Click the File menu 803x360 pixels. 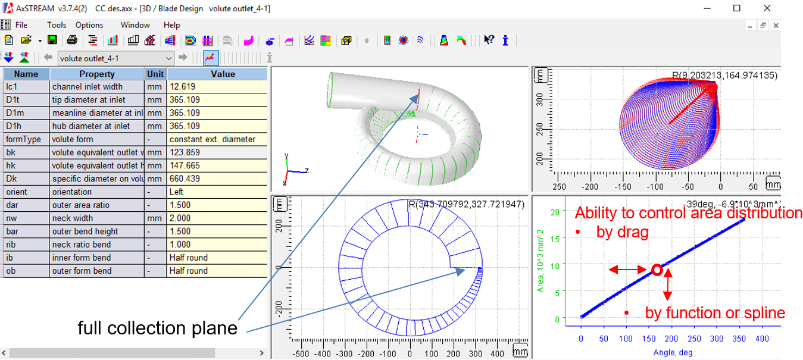click(x=21, y=25)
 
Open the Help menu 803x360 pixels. click(x=171, y=25)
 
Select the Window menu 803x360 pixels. click(x=135, y=25)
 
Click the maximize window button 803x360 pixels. click(x=737, y=8)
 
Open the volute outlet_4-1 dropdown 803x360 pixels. click(x=168, y=58)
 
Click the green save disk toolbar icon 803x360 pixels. click(x=52, y=40)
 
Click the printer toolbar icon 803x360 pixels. click(x=72, y=40)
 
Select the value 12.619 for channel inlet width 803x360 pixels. click(x=217, y=87)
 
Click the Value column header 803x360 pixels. click(x=217, y=74)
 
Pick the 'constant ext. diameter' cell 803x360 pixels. click(x=217, y=139)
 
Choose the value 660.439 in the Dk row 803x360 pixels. click(x=217, y=179)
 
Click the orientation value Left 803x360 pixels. click(x=217, y=192)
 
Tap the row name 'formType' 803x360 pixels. click(x=26, y=139)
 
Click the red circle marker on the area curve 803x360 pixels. click(x=657, y=270)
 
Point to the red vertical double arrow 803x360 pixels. click(x=668, y=284)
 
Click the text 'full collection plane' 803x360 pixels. click(x=158, y=328)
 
